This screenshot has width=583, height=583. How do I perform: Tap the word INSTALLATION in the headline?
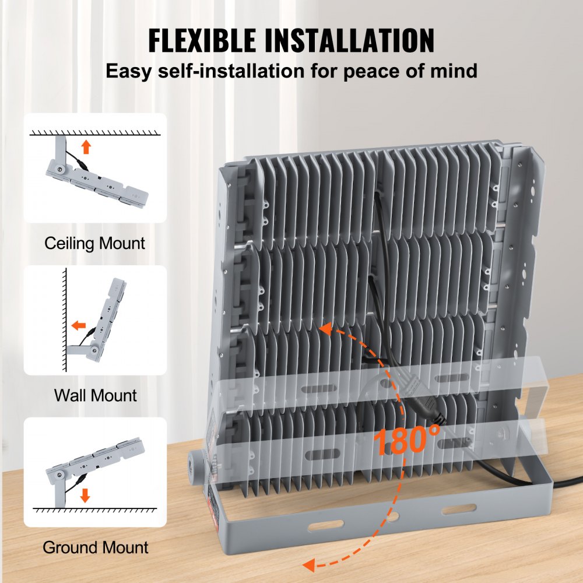point(349,40)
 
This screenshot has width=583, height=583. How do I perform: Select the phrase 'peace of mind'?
point(410,71)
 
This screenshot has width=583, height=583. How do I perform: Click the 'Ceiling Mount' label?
point(95,243)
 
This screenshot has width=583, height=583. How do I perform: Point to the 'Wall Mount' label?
point(96,395)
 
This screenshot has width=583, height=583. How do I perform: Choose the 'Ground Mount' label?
point(96,547)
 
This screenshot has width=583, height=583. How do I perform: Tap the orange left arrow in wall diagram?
point(79,326)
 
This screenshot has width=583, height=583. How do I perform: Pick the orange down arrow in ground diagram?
point(85,496)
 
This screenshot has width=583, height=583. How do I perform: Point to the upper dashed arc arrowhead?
point(326,329)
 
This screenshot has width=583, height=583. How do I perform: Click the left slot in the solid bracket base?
point(326,525)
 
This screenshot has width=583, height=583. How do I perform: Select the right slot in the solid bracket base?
point(459,509)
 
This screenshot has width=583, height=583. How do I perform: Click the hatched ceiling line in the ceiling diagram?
point(95,133)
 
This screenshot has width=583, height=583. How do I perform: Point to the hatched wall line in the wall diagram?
point(65,319)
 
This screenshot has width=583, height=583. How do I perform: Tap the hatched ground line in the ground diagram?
point(95,510)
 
